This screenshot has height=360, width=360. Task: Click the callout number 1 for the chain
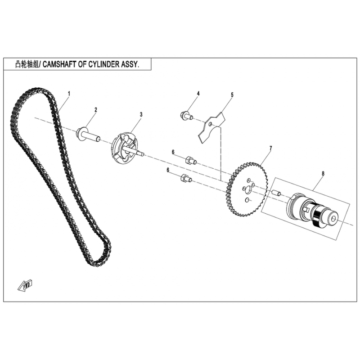point(69,94)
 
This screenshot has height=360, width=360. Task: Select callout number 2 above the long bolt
point(96,110)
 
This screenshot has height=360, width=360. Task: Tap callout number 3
point(141,114)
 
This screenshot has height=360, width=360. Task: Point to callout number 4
point(198,94)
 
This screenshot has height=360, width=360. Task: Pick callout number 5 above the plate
point(232,94)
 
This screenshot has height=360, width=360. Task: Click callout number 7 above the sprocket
point(271,148)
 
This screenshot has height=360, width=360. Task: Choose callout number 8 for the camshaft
point(323,174)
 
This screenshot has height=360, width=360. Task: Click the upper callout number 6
point(173,152)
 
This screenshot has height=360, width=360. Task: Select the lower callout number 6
point(168,170)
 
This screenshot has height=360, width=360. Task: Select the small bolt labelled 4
point(186,115)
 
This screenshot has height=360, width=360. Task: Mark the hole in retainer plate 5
point(211,124)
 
